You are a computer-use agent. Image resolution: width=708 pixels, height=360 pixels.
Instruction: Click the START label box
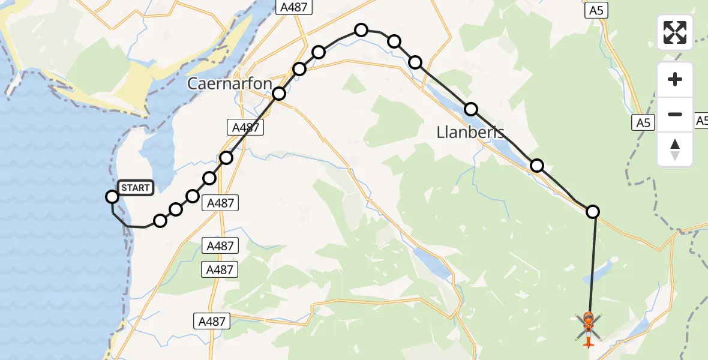(136, 188)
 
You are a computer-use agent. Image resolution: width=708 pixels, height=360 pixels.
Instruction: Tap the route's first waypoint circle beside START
(112, 197)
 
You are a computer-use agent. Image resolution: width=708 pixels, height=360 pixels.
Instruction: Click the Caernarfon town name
(230, 83)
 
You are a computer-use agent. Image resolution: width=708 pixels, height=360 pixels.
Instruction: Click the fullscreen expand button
(675, 32)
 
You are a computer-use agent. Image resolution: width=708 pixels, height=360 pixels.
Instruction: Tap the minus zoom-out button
(675, 114)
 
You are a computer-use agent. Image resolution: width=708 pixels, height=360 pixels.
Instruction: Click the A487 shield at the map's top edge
(292, 7)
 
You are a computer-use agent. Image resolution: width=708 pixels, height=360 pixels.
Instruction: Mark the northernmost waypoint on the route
(361, 30)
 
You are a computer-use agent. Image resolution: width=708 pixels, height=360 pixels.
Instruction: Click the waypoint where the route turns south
(593, 211)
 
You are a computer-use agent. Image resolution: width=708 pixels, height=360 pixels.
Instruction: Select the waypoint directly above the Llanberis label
(471, 109)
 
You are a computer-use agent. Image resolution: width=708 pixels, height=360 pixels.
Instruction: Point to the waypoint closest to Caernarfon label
(279, 94)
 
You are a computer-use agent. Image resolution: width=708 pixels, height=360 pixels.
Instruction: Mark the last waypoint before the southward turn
(537, 165)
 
